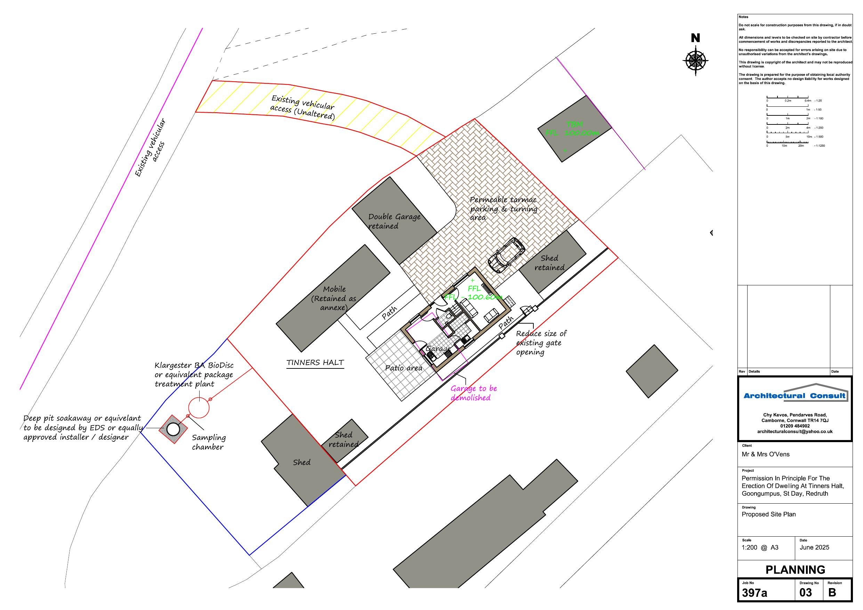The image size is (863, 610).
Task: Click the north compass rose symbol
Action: point(695,60)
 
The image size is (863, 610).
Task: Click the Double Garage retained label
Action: point(394,221)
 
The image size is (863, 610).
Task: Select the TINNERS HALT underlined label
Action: point(315,363)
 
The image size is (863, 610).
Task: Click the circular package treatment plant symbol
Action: point(199,407)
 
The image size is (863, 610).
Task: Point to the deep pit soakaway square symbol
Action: point(173,429)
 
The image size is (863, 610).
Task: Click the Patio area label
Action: point(404,368)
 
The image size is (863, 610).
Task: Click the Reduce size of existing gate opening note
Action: point(540,343)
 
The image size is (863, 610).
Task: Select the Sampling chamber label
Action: point(208,442)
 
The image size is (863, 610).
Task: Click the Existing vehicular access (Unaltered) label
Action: point(303,107)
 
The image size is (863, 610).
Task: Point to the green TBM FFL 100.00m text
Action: point(572,129)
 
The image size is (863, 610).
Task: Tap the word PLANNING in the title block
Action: point(795,570)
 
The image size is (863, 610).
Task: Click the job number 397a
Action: point(754,593)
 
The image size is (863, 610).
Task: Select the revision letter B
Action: point(832,593)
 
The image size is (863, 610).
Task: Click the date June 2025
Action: point(814,547)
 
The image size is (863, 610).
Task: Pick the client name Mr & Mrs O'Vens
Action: point(765,454)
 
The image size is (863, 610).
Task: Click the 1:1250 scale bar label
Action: point(820,145)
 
